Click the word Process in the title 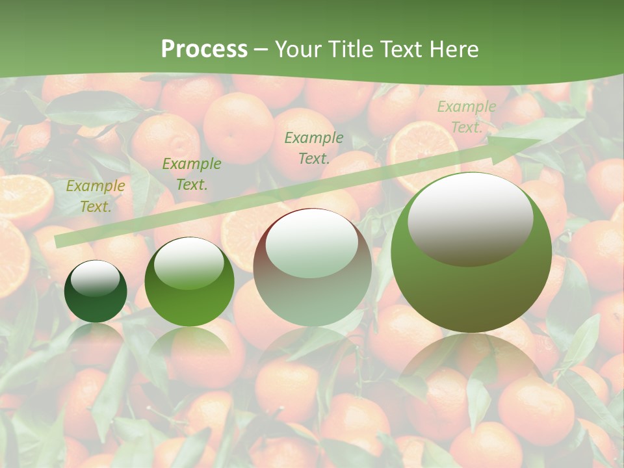(204, 49)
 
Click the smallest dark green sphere (96, 292)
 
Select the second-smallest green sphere (189, 282)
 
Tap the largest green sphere (471, 252)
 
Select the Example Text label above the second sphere (192, 174)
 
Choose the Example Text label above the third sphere (314, 148)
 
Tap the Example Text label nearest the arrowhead (467, 117)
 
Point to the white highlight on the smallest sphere (95, 279)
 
